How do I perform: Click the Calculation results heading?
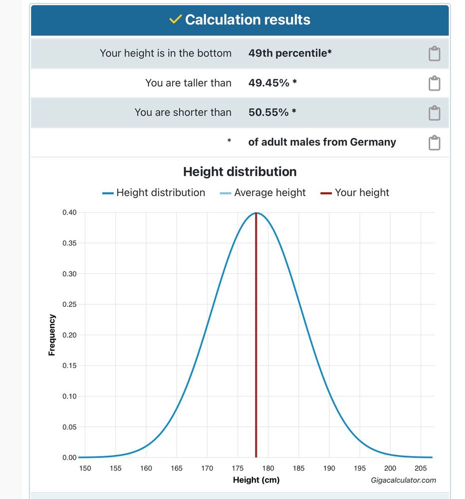coord(247,19)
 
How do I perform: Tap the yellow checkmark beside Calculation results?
coord(175,19)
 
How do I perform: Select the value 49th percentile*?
coord(290,53)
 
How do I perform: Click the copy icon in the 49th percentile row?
coord(434,53)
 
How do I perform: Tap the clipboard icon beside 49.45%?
coord(434,83)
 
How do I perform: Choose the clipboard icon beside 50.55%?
coord(434,113)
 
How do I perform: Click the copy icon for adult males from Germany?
coord(434,143)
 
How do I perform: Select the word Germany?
coord(373,142)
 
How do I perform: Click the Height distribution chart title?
coord(239,172)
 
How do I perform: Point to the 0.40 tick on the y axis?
coord(69,213)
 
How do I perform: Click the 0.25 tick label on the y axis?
coord(69,304)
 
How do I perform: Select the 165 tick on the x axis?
coord(177,468)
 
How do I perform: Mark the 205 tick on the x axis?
coord(421,468)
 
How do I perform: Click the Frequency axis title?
coord(52,334)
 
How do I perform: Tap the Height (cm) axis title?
coord(256,480)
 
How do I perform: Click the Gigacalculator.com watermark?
coord(403,480)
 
